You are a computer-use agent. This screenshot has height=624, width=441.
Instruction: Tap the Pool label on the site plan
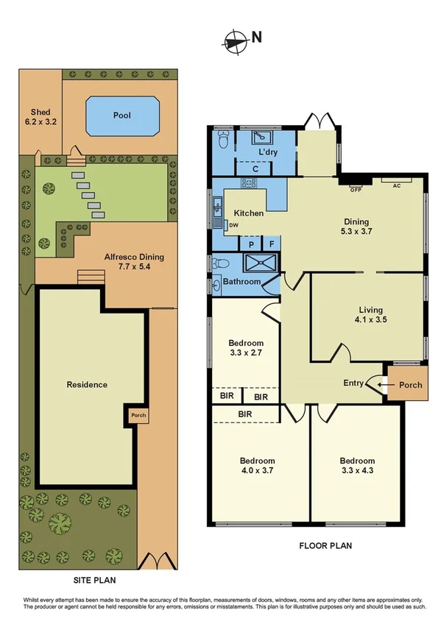point(121,116)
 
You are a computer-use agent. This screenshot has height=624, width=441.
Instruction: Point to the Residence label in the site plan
point(87,384)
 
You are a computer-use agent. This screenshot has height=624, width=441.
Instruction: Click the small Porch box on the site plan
point(138,415)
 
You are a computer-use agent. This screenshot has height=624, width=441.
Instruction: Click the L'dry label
point(267,153)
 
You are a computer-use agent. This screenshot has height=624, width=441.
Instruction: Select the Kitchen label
point(249,213)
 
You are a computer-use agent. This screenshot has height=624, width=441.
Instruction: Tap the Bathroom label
point(241,282)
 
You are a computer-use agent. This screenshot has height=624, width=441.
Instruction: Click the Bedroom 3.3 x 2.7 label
point(246,348)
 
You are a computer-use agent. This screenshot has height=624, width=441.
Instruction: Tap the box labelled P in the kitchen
point(250,244)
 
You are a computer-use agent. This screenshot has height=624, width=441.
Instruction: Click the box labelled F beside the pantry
point(272,244)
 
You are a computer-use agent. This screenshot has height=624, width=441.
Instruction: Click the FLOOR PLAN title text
point(325,545)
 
